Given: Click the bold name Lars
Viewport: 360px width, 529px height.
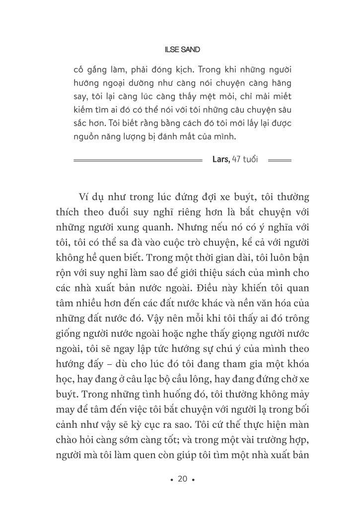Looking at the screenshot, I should pos(220,160).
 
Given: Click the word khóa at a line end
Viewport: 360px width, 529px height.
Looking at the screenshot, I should pos(297,364).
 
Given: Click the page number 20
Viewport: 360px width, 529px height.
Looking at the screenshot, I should pos(182,479).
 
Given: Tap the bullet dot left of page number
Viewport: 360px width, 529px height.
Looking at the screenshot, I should pos(171,480).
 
